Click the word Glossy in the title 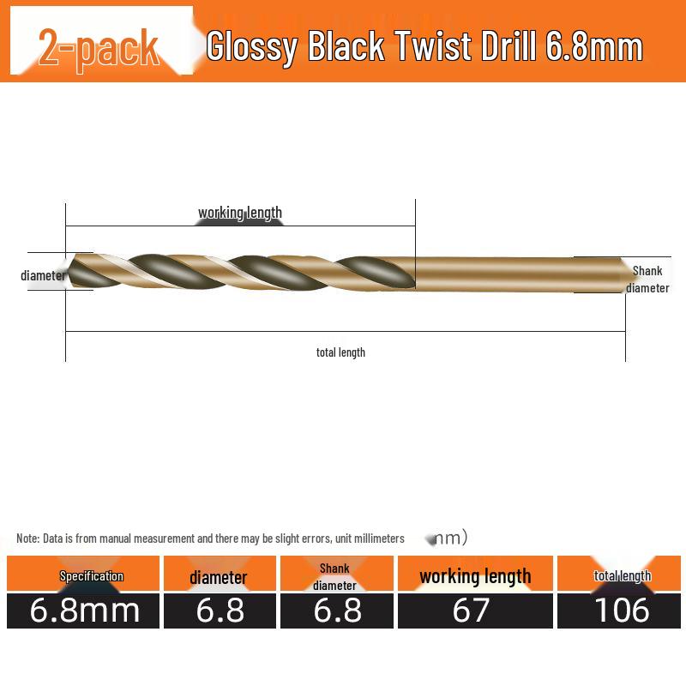(x=252, y=47)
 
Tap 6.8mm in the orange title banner (x=594, y=45)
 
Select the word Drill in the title (x=508, y=45)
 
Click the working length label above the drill (x=240, y=213)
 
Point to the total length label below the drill (x=340, y=352)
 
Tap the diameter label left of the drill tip (x=43, y=275)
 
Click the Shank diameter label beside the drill (x=647, y=280)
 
